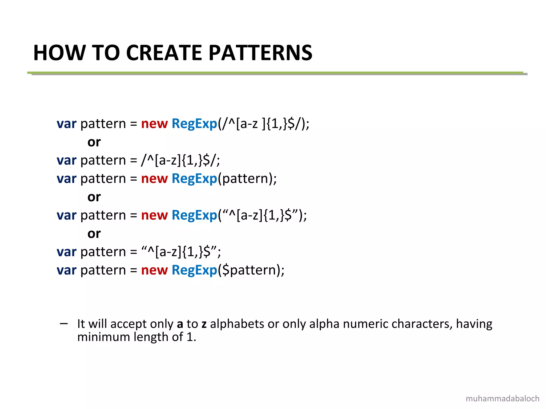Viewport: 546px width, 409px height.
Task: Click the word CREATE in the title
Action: pos(164,53)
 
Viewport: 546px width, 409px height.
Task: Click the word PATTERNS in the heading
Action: pos(260,53)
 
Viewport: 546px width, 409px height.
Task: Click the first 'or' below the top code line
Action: pos(94,142)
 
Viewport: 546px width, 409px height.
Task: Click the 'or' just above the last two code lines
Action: pos(94,234)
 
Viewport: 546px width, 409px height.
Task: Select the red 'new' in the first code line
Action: pos(154,124)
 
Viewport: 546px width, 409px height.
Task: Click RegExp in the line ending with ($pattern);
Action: pos(194,270)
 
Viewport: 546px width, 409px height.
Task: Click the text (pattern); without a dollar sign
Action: pos(247,179)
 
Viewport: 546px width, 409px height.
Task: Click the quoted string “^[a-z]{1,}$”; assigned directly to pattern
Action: pos(181,252)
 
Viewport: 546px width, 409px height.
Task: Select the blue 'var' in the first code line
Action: pos(66,124)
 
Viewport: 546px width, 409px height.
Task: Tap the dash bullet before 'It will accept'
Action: pos(64,324)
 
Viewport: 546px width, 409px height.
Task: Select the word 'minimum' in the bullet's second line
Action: pos(104,337)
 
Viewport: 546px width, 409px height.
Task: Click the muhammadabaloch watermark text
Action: pos(502,399)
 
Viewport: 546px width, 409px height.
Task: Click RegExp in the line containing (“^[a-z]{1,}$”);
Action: pos(194,215)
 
